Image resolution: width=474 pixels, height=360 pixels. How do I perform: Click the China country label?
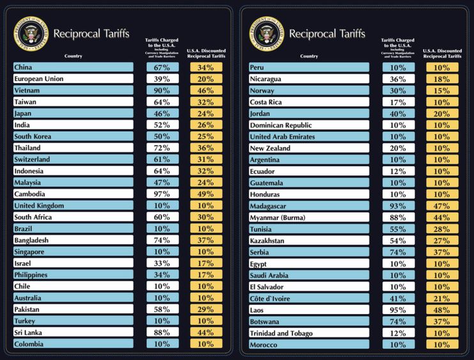pos(73,67)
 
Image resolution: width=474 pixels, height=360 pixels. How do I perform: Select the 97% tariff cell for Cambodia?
pos(162,194)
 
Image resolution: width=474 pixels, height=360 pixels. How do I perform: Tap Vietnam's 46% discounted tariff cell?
pos(206,91)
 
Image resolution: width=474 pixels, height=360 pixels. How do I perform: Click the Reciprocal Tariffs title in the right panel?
pos(327,33)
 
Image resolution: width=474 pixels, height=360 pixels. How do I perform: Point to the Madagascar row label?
pos(309,206)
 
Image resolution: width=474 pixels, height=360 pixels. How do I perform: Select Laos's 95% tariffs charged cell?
pos(398,310)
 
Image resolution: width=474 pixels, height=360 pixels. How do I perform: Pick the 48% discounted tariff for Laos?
pos(441,310)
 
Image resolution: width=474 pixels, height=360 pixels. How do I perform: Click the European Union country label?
pos(73,79)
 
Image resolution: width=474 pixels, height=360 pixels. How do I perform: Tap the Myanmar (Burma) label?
pos(309,217)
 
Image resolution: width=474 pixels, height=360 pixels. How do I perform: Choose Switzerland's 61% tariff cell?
pos(162,160)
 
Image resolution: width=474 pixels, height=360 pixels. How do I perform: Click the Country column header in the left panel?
pos(73,56)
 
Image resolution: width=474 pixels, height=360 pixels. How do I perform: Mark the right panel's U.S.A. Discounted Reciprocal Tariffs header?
pos(441,53)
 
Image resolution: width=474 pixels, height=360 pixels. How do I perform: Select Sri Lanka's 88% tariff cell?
pos(162,333)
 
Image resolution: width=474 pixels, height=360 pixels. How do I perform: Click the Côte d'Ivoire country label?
pos(309,299)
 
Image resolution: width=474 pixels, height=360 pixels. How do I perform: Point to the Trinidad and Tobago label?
pos(309,333)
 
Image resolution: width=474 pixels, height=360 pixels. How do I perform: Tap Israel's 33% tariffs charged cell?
pos(162,263)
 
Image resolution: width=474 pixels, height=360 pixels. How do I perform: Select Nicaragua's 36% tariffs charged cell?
pos(398,79)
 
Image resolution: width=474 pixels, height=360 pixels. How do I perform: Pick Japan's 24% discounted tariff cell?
pos(206,114)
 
